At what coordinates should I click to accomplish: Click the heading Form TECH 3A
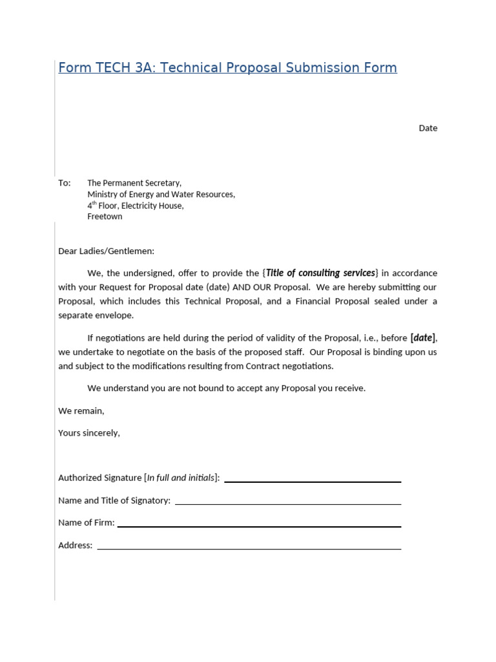(x=227, y=68)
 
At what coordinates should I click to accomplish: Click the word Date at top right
(x=428, y=128)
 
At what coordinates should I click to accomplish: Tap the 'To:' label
(x=65, y=183)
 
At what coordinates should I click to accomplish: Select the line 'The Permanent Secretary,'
(x=134, y=183)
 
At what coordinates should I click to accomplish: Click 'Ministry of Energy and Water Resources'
(x=161, y=194)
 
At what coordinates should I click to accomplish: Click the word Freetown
(x=105, y=217)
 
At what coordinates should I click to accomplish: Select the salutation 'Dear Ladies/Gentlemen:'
(x=107, y=251)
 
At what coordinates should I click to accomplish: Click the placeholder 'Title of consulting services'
(x=321, y=273)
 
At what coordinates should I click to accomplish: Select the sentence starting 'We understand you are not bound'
(x=226, y=388)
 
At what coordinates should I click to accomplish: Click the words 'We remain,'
(x=81, y=411)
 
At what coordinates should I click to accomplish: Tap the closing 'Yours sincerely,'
(x=89, y=432)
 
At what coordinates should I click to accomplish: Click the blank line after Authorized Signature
(x=313, y=481)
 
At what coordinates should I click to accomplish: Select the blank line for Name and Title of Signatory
(x=288, y=503)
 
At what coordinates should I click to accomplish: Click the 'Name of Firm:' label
(x=87, y=522)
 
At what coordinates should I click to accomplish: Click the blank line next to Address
(x=249, y=548)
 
